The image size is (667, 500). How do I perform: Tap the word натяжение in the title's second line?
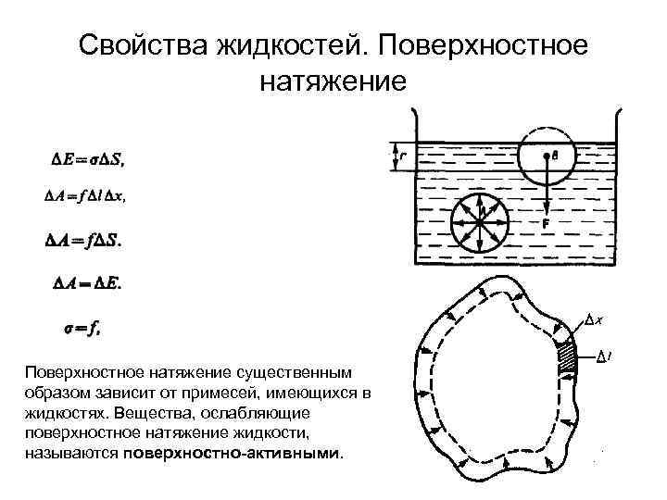click(333, 81)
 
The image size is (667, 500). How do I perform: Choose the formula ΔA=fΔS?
click(82, 240)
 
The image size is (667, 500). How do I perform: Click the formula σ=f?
click(82, 326)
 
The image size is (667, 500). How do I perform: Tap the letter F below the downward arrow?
click(547, 223)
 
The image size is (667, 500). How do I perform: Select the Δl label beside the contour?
click(602, 355)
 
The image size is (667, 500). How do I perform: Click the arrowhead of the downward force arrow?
click(546, 209)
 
